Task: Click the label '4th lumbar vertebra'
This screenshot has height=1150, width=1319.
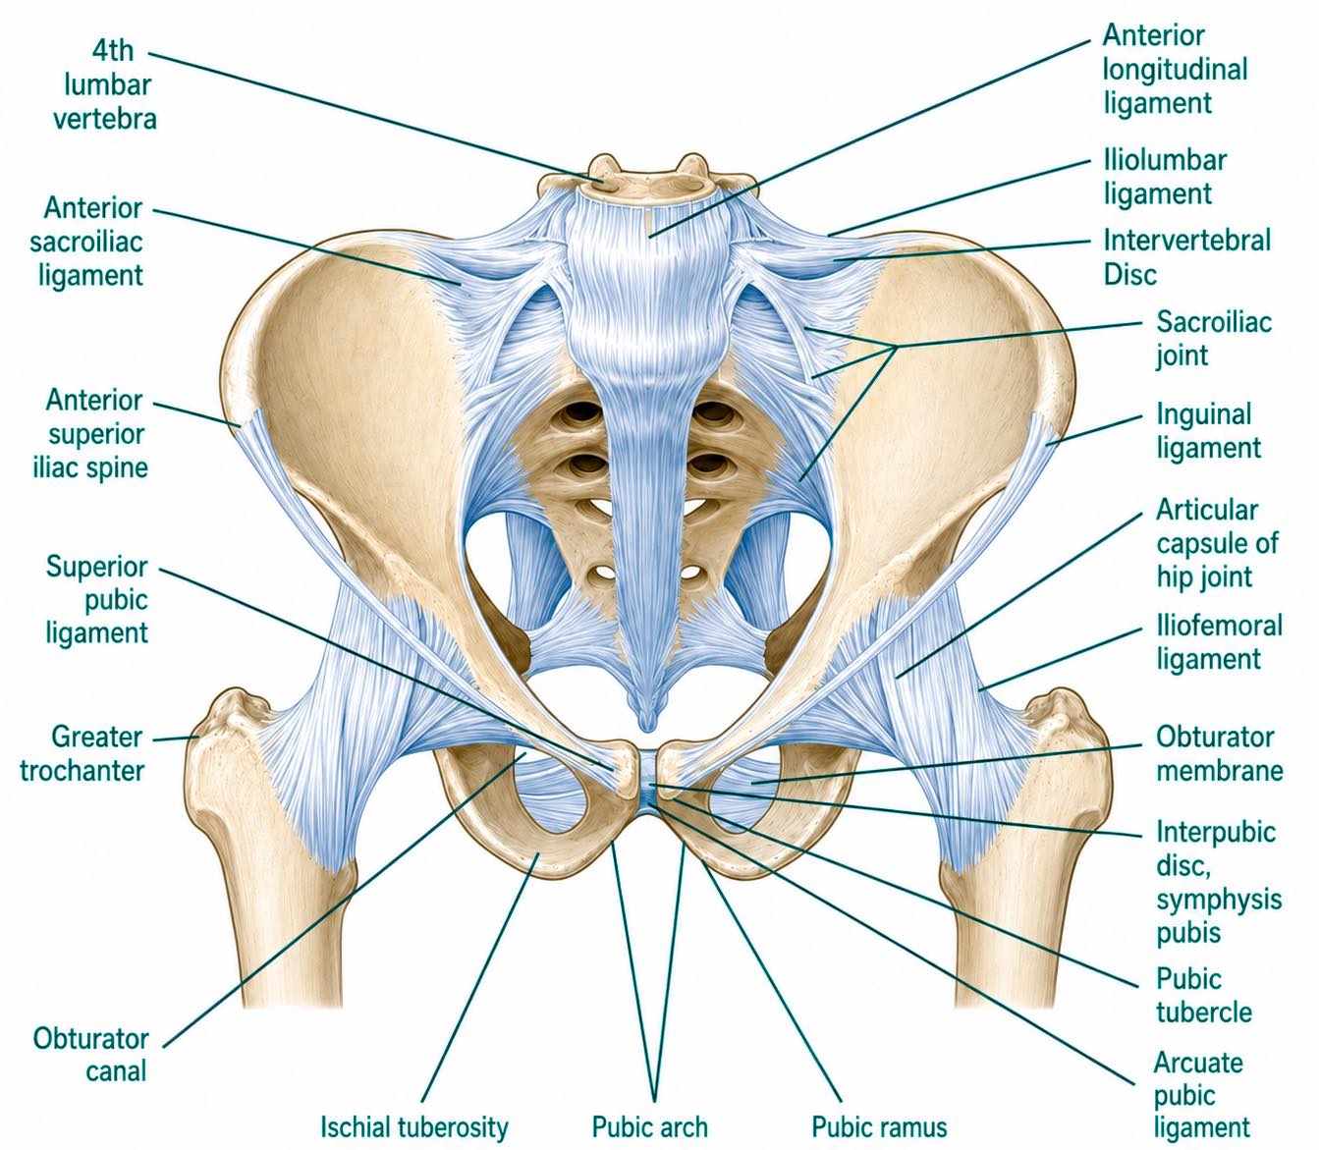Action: coord(105,85)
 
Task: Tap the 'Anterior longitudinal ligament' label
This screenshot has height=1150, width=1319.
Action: coord(1175,69)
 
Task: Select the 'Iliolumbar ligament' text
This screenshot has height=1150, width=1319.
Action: coord(1165,178)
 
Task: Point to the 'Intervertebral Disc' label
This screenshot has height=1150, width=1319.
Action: coord(1186,257)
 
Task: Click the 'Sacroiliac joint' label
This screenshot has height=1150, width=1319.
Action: coord(1213,339)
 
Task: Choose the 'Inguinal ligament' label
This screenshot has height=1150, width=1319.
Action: coord(1208,431)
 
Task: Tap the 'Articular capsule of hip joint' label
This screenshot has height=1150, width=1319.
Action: coord(1217,543)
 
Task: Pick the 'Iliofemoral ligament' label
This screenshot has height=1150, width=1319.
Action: coord(1219,642)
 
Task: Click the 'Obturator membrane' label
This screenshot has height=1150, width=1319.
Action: coord(1219,753)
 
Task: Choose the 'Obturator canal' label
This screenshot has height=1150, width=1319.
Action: coord(91,1056)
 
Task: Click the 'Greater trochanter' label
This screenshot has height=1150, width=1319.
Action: coord(82,753)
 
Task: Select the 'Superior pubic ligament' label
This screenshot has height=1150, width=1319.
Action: coord(96,600)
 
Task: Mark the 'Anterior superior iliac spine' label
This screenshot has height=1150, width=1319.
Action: coord(90,434)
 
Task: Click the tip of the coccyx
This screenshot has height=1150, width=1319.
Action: coord(647,729)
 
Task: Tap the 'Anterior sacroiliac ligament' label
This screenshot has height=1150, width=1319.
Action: coord(86,242)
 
